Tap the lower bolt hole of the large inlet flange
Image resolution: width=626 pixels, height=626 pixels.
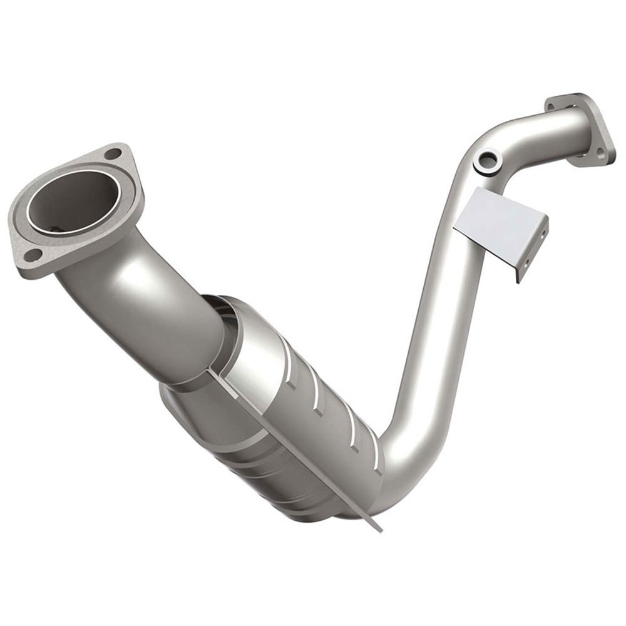(x=35, y=254)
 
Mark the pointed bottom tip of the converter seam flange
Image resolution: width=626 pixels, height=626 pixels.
(x=380, y=529)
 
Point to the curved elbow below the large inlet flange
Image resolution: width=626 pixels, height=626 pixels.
(x=125, y=275)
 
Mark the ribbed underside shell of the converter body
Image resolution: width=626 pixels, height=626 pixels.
(x=250, y=463)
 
